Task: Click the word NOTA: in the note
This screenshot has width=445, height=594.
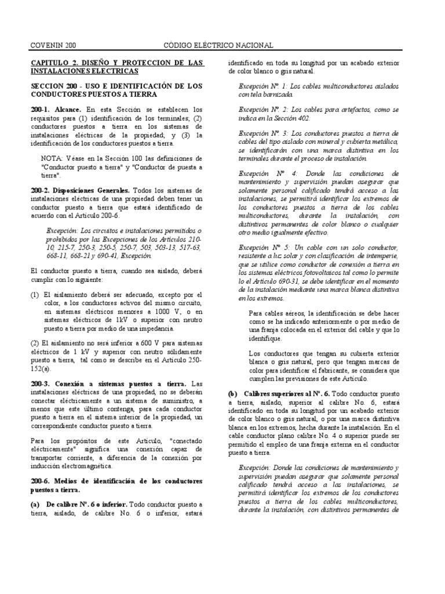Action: (53, 158)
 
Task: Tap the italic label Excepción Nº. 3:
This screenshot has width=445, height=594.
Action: (267, 133)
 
